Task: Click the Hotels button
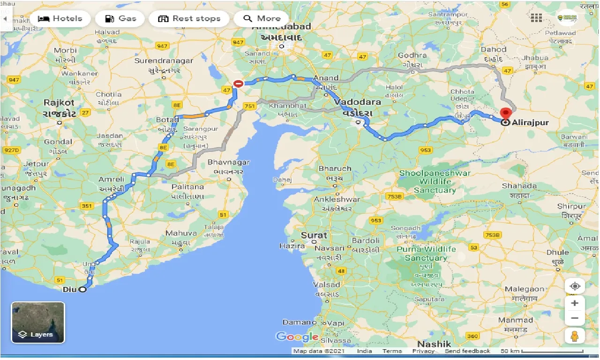(x=60, y=19)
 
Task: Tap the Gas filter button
(x=120, y=19)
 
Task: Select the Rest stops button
(x=189, y=19)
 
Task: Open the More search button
(x=261, y=19)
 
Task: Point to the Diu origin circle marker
(x=82, y=290)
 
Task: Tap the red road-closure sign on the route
(x=238, y=84)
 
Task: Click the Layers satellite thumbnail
(x=38, y=322)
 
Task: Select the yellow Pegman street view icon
(x=575, y=335)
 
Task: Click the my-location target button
(x=575, y=286)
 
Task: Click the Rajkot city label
(x=59, y=102)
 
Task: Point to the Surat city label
(x=314, y=235)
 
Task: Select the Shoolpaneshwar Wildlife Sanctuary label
(x=435, y=181)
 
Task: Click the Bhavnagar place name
(x=229, y=163)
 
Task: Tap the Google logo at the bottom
(x=297, y=337)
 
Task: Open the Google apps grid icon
(x=536, y=18)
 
